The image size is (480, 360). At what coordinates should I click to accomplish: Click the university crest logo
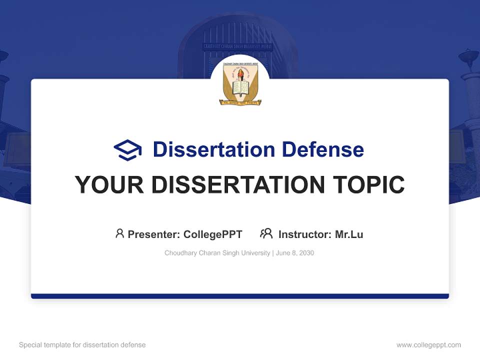tap(240, 83)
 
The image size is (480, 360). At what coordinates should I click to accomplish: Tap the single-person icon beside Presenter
tap(119, 233)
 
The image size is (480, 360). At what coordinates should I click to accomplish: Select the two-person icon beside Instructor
tap(266, 233)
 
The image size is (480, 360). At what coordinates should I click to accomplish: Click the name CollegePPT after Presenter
tap(213, 234)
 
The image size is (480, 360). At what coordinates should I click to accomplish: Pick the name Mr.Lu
tap(349, 234)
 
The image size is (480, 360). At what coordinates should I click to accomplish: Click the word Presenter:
tap(154, 234)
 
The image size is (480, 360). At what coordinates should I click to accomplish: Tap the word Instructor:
tap(304, 234)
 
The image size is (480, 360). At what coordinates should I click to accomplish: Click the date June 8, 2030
tap(295, 253)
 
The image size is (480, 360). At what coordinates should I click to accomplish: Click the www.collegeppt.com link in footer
tap(428, 345)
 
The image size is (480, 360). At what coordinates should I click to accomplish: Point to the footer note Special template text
tap(82, 345)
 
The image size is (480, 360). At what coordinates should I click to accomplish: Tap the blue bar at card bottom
tap(240, 296)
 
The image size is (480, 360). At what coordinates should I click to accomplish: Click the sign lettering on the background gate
tap(237, 46)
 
